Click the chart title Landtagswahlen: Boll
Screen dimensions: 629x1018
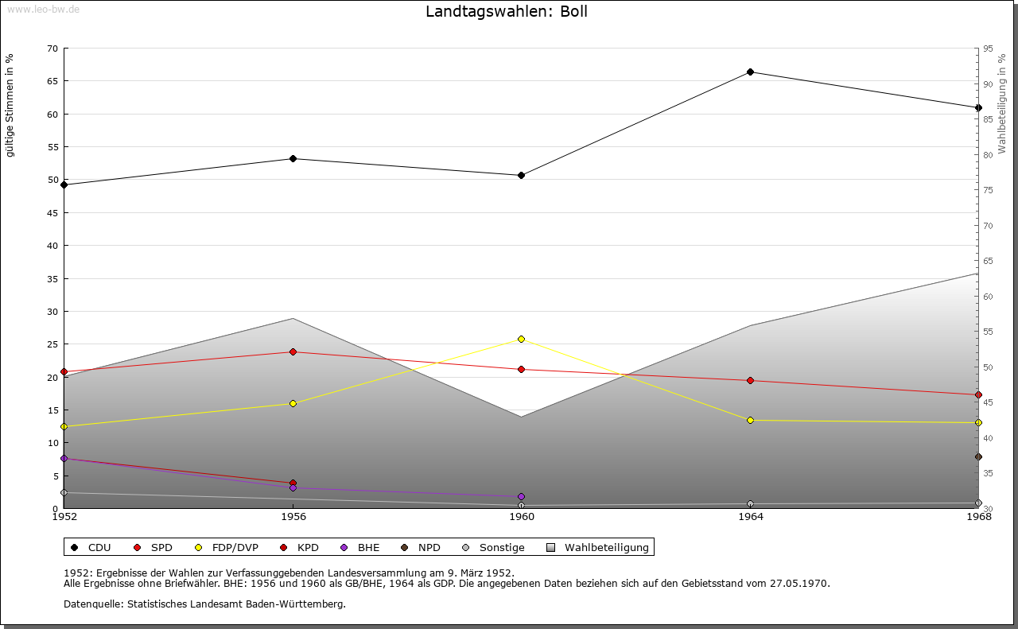pos(507,12)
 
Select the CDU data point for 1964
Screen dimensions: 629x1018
pos(750,72)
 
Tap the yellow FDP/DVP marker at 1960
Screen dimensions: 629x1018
pos(522,340)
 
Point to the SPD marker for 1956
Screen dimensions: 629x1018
pos(293,351)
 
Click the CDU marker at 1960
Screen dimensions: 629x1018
pos(522,175)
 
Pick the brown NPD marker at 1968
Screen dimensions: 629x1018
pos(978,456)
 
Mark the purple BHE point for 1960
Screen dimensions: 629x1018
pos(522,497)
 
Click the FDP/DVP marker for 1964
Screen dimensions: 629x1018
pos(750,420)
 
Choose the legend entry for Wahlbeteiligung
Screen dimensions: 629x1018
pos(606,547)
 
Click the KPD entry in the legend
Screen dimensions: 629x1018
pos(308,547)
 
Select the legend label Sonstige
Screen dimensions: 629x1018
pos(501,547)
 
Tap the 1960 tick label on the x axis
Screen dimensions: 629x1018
pos(522,517)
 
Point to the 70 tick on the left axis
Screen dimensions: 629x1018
pos(52,49)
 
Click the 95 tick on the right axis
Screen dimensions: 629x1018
pos(987,49)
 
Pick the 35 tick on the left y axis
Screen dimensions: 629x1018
pos(52,278)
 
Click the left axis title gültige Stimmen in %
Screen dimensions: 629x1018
pos(10,105)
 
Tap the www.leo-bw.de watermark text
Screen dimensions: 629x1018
pos(43,10)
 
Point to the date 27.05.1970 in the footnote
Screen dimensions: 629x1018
pos(799,583)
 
